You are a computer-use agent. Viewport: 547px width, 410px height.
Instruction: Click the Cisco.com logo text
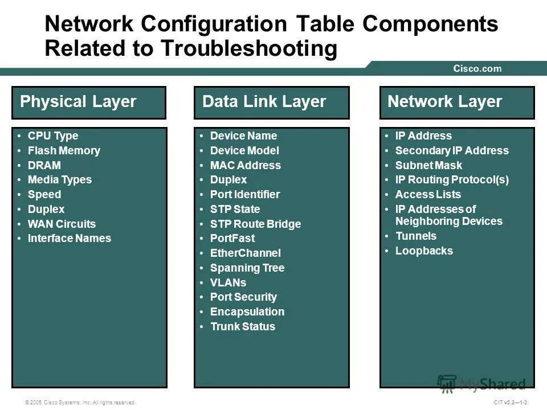(477, 69)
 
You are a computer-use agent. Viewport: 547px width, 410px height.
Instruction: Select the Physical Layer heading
(78, 102)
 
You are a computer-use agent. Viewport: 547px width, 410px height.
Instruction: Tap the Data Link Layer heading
(264, 102)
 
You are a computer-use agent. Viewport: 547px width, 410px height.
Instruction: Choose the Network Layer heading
(445, 102)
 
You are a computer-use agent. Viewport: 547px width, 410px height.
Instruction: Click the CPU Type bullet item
(53, 136)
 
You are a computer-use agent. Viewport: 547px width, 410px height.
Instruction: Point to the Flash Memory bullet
(64, 151)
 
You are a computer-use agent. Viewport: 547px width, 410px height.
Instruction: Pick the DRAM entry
(44, 166)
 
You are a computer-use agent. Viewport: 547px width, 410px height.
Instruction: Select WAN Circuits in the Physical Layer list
(62, 224)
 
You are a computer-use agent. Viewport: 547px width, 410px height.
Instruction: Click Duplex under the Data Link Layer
(228, 180)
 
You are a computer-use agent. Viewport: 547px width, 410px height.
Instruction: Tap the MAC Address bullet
(246, 166)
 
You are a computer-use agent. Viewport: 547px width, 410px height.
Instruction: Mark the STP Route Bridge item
(255, 224)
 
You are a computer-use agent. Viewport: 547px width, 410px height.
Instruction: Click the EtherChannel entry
(246, 253)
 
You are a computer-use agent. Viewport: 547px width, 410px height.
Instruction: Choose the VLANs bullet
(228, 282)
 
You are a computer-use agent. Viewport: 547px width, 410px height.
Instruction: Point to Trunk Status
(243, 327)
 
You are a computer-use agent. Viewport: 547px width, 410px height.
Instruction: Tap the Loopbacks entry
(424, 251)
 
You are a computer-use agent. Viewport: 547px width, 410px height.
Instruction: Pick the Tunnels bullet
(416, 236)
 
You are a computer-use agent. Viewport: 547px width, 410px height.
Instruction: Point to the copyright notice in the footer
(80, 403)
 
